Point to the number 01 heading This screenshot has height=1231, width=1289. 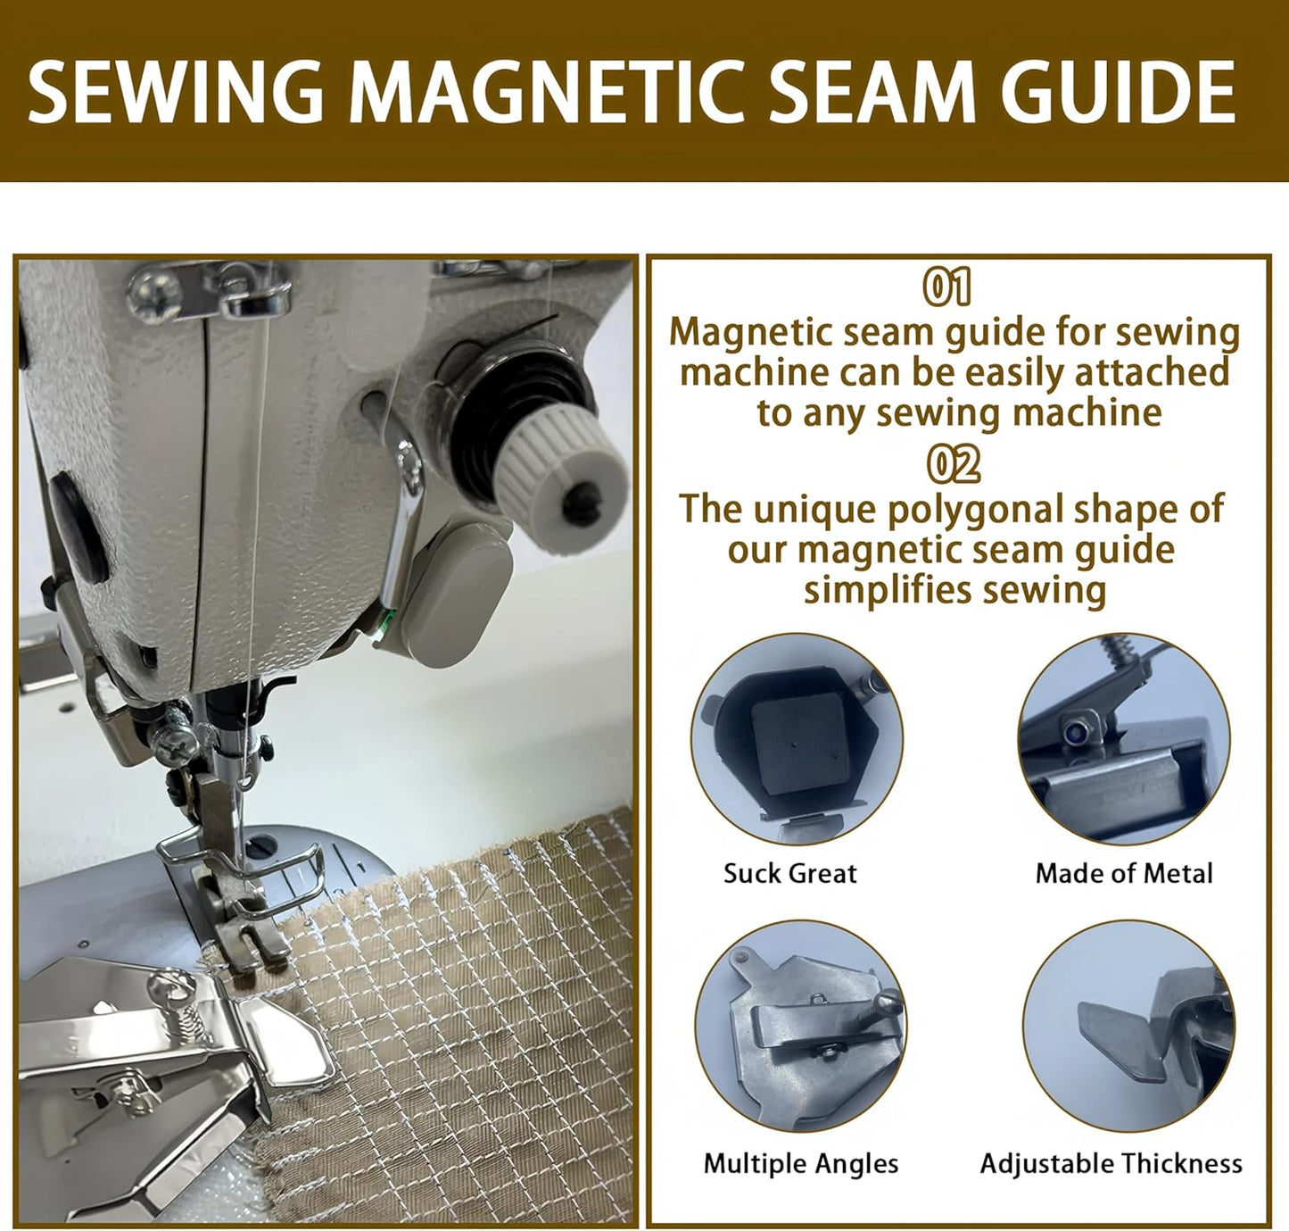946,287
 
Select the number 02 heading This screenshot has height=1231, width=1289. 953,464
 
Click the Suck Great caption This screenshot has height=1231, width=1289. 789,873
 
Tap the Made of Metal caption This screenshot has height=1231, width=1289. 1124,873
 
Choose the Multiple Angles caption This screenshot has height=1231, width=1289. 800,1163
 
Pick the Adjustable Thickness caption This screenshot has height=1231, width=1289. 1111,1163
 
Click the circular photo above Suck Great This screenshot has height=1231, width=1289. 797,739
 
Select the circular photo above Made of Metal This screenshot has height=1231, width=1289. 1124,739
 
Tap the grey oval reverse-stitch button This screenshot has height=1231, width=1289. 455,582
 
